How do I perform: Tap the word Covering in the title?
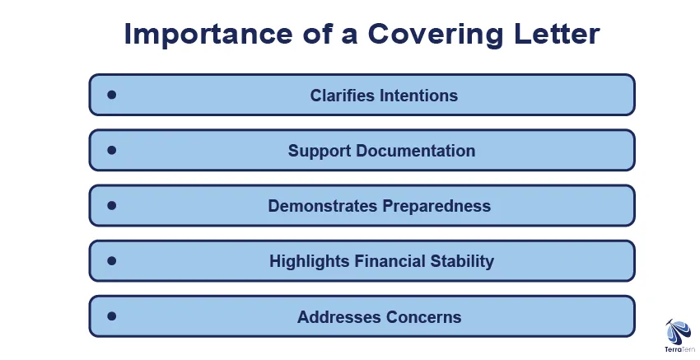436,35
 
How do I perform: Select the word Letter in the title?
557,34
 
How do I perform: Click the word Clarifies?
343,95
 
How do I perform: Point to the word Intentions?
418,95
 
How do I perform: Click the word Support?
320,151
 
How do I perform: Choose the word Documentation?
416,151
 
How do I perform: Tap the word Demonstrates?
323,206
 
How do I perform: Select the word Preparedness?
436,206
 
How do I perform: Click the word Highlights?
310,261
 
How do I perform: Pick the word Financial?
390,261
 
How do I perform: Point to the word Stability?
462,261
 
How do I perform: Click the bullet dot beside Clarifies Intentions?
112,95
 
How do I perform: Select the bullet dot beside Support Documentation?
112,150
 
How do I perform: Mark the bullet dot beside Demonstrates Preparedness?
112,205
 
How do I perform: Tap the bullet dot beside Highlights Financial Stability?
112,261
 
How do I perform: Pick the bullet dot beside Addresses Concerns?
112,316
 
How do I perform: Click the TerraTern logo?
679,336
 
